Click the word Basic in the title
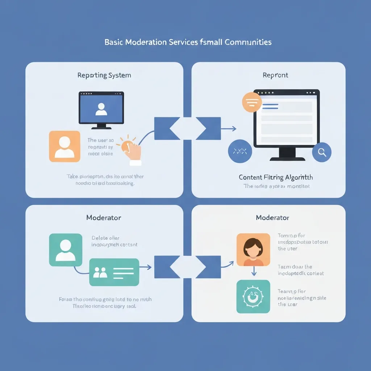[x=113, y=42]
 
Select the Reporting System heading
[x=104, y=75]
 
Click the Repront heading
[x=275, y=75]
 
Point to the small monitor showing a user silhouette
[x=101, y=108]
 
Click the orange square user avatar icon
[x=64, y=146]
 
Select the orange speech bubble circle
[x=251, y=102]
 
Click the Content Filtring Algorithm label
[x=276, y=177]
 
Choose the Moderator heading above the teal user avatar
[x=104, y=218]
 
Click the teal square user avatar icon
[x=66, y=250]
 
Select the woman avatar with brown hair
[x=253, y=250]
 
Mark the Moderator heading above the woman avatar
[x=272, y=218]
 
